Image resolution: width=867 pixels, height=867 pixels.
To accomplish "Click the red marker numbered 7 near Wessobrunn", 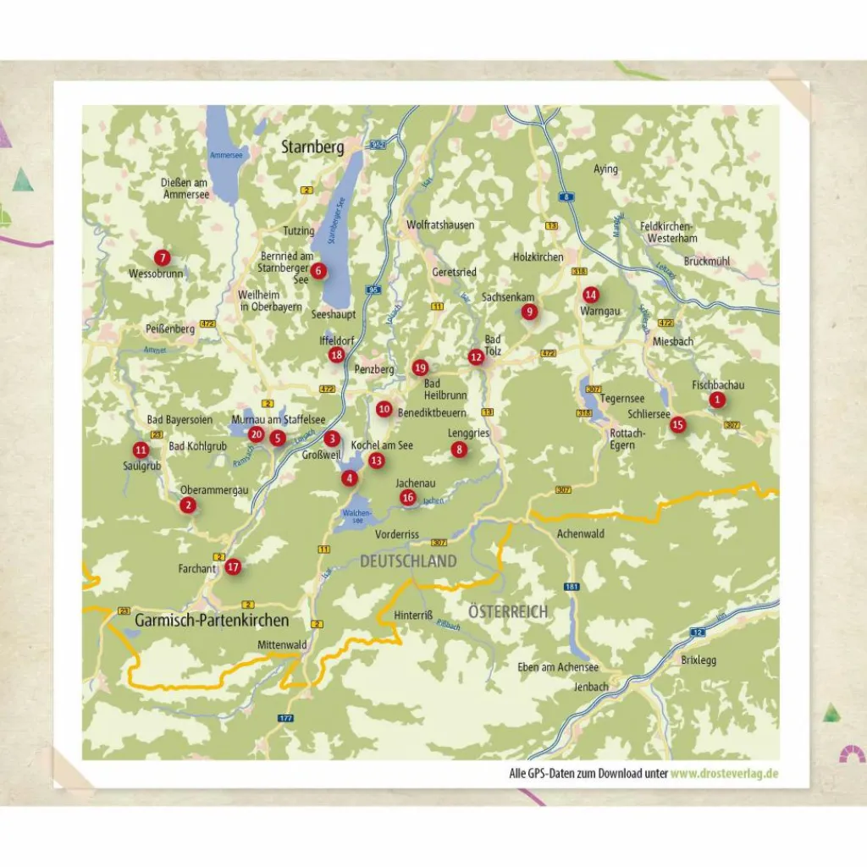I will (162, 257).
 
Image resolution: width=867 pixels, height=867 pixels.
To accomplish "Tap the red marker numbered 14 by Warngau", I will (591, 295).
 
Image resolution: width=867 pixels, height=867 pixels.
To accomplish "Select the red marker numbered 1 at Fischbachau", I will (717, 400).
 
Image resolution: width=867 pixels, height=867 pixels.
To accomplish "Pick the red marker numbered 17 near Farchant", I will (234, 567).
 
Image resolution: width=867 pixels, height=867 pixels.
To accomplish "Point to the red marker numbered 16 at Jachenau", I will (408, 498).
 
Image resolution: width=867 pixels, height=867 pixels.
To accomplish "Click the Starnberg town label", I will (312, 148).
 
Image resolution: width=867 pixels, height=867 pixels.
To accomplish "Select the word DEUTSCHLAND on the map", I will (408, 561).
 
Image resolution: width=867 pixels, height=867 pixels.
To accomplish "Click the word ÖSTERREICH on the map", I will (508, 611).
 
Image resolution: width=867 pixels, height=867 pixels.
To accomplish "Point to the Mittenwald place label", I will (282, 645).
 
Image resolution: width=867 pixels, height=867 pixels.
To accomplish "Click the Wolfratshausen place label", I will (440, 225).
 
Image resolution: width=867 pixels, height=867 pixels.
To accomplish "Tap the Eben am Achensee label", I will (558, 667).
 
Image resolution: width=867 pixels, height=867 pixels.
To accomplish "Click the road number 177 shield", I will (285, 718).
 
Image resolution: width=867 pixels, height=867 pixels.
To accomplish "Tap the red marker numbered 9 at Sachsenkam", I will (530, 312).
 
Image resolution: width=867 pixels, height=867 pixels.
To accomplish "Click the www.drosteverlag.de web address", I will (725, 773).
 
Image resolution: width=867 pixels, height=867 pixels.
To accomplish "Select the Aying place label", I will (605, 169).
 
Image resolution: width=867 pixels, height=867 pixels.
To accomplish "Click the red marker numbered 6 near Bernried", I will (318, 271).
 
